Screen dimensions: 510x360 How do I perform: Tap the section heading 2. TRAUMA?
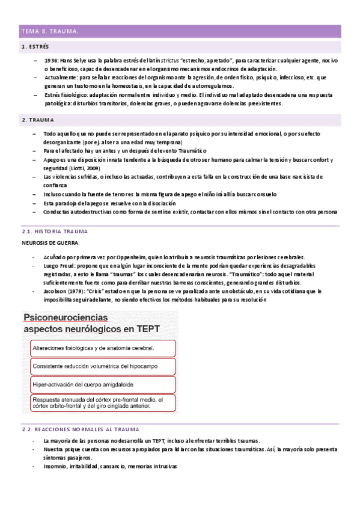point(37,120)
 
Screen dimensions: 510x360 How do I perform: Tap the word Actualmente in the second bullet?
point(62,78)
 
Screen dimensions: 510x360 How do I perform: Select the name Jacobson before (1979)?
point(57,291)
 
